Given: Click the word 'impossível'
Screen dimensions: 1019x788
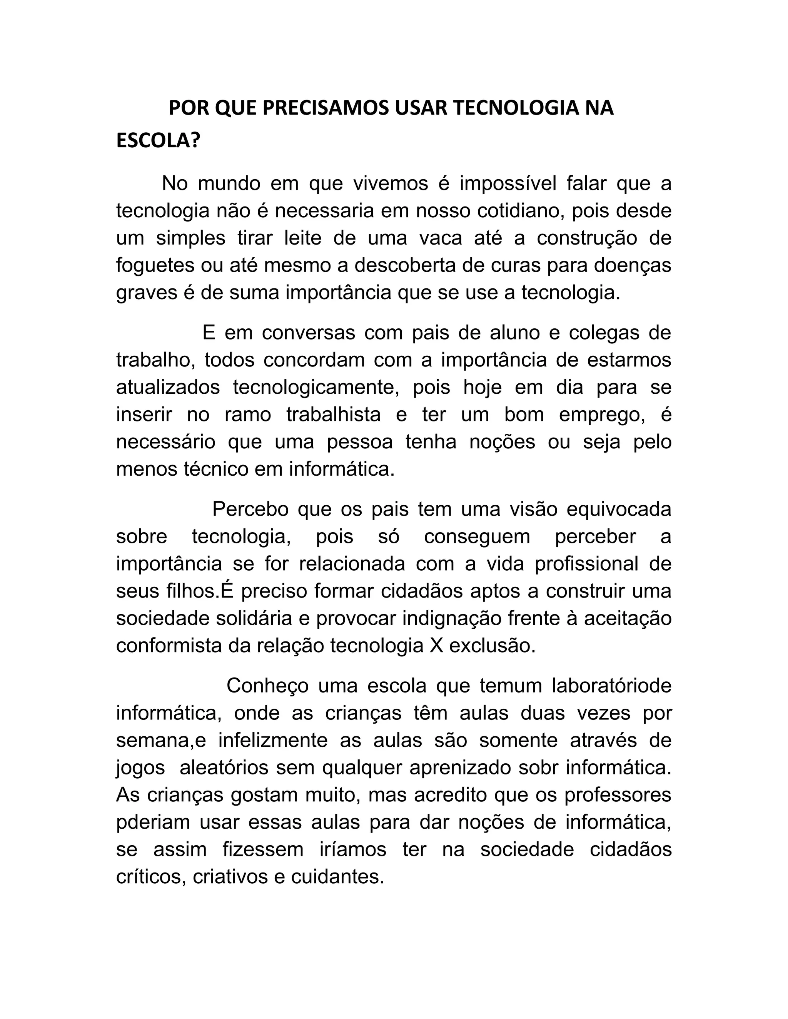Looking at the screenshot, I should click(508, 184).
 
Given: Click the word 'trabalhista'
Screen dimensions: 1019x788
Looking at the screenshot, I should click(333, 414).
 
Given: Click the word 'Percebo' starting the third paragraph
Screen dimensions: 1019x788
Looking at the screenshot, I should click(250, 509).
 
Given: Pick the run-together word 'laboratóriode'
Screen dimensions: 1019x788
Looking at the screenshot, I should click(611, 686).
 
